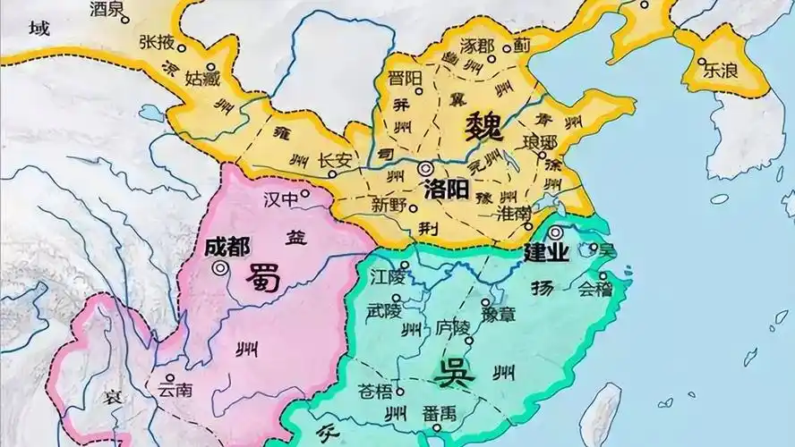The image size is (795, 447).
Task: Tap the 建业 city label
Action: point(545,253)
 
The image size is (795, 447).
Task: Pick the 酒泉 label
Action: point(109,10)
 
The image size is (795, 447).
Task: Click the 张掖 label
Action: point(156,41)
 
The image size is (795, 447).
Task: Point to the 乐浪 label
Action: point(720,69)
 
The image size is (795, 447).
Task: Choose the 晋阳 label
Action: point(405,78)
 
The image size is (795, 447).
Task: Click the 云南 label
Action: point(174,390)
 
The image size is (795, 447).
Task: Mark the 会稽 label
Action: point(597,289)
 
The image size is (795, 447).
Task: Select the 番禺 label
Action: point(438,414)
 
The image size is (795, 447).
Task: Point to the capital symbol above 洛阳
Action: point(424,168)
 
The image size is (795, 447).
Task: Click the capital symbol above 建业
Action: point(557,232)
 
